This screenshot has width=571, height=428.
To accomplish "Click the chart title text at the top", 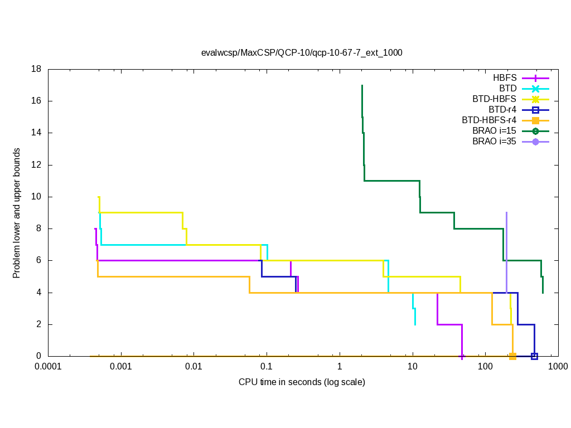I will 302,53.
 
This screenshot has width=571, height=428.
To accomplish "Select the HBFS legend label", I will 505,78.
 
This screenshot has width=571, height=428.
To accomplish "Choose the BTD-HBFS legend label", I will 494,99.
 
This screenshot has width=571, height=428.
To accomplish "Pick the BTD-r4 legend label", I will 502,110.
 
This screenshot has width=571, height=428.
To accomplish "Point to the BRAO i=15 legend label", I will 494,131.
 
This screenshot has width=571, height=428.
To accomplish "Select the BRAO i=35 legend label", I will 494,142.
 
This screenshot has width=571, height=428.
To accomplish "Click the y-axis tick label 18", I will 37,69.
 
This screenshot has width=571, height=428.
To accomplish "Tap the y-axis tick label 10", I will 37,197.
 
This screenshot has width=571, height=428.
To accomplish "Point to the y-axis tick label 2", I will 39,324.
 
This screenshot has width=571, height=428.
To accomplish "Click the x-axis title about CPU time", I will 302,382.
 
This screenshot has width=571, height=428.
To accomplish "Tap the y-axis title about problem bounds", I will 17,213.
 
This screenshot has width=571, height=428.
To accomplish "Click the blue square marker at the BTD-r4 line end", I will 534,356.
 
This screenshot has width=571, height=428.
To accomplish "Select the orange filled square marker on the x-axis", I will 512,356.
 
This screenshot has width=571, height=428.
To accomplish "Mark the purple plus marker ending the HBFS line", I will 462,356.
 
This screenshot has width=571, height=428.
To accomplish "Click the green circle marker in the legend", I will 535,131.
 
